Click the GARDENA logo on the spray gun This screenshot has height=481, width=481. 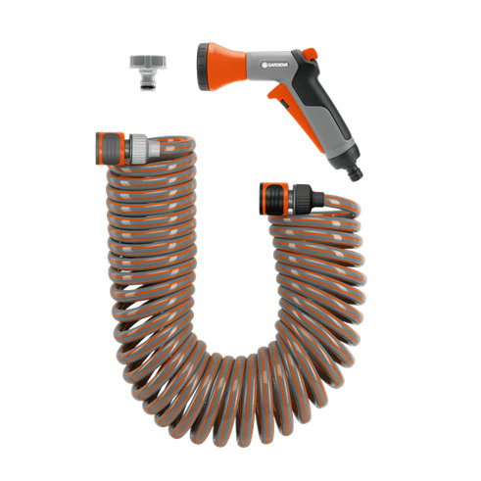[275, 65]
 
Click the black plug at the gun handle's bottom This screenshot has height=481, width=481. [356, 173]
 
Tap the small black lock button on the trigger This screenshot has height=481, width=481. [285, 104]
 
